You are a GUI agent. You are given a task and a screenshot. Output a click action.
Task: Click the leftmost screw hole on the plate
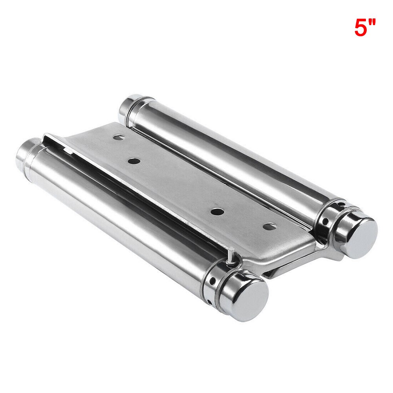tap(119, 138)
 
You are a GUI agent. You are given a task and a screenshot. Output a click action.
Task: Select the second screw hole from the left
tap(134, 161)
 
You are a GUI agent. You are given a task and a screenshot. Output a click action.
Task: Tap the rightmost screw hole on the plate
tap(269, 227)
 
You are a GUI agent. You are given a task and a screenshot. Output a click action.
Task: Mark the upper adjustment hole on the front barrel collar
tap(212, 281)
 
